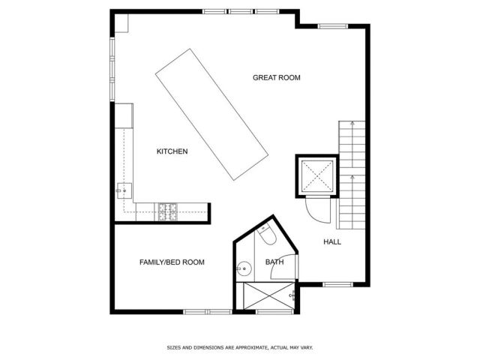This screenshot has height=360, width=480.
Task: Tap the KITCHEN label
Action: (172, 151)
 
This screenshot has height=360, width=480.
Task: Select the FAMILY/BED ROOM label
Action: (172, 262)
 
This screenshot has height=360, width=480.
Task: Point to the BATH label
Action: (274, 262)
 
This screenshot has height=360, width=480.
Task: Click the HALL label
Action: (332, 241)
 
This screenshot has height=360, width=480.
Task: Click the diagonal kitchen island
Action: (212, 114)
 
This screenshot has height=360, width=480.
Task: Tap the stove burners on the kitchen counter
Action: (166, 211)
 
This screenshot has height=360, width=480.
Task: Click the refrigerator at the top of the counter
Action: (123, 115)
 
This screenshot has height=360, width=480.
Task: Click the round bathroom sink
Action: (243, 268)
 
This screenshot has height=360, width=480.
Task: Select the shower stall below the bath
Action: (265, 296)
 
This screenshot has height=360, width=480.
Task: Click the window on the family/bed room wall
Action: (208, 311)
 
